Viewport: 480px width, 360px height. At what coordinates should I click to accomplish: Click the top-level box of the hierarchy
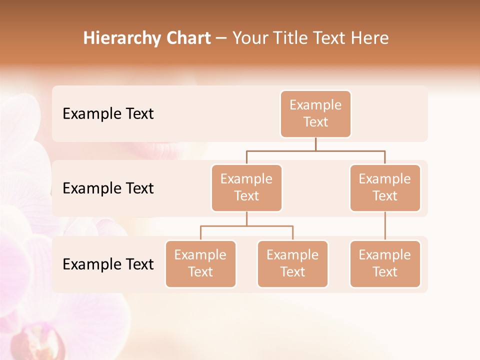315,113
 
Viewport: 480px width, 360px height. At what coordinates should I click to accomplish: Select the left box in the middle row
246,187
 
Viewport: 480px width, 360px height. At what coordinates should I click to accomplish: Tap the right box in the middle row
385,187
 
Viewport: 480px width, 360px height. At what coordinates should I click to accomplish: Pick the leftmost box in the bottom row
200,263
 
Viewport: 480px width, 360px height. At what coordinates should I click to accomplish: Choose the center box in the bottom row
292,263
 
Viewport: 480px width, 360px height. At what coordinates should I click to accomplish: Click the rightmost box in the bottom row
385,263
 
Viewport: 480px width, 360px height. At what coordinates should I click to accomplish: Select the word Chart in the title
186,38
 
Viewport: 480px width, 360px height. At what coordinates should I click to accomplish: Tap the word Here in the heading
370,38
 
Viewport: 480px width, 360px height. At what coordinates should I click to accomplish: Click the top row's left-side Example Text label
108,114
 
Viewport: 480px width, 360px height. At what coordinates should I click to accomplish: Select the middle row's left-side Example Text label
108,188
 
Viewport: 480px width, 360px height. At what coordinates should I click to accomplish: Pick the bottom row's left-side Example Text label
108,264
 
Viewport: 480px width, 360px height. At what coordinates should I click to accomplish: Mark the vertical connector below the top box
315,144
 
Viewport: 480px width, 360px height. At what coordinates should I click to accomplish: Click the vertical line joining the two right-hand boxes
385,226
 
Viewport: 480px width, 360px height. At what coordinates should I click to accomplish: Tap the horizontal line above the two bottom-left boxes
246,226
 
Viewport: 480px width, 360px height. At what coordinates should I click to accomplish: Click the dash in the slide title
221,38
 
